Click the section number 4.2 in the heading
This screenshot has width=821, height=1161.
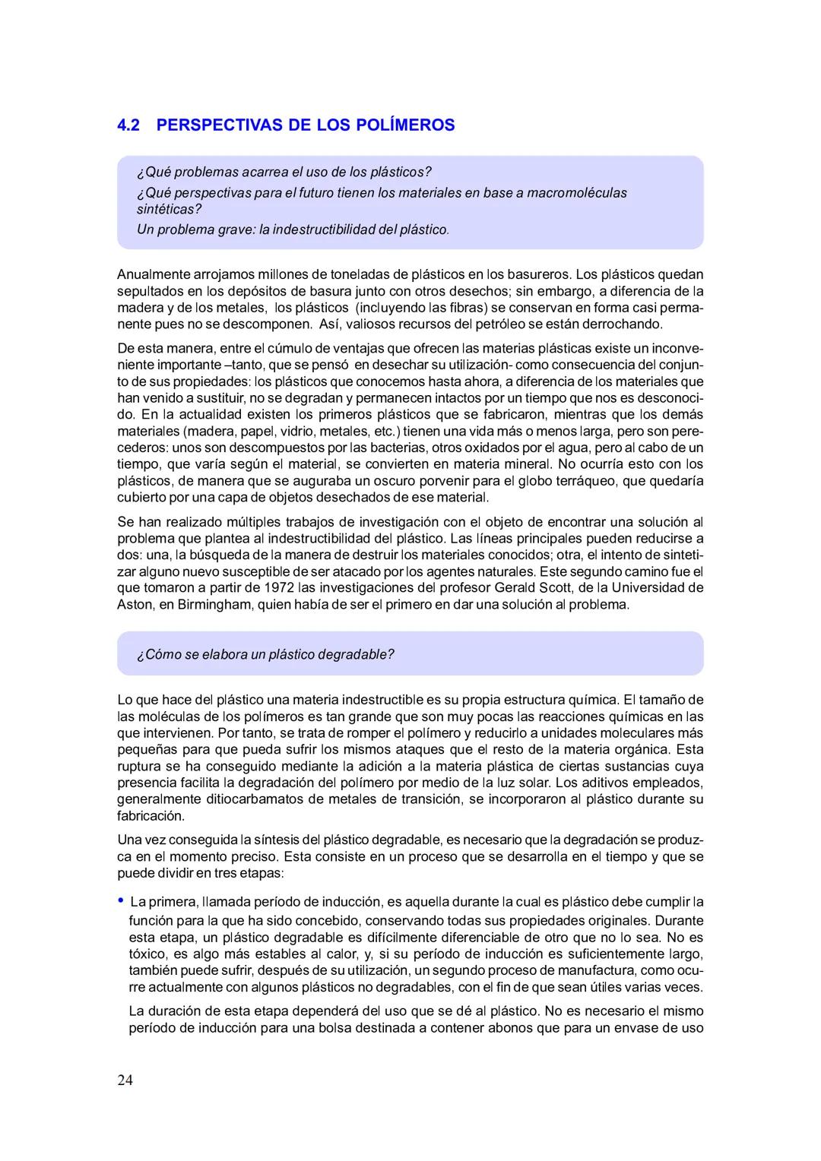pos(129,125)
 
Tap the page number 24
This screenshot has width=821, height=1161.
pos(125,1080)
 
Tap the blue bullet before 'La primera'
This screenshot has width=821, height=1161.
pos(121,900)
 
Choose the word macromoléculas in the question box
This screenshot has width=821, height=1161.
pos(577,192)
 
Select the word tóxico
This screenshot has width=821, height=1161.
pos(147,954)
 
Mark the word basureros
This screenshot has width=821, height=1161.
pos(540,274)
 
